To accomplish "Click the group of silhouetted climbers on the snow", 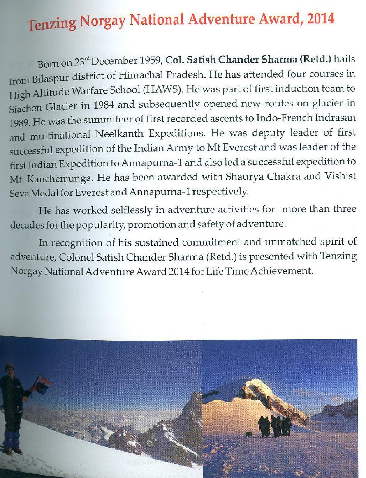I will [x=275, y=426].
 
